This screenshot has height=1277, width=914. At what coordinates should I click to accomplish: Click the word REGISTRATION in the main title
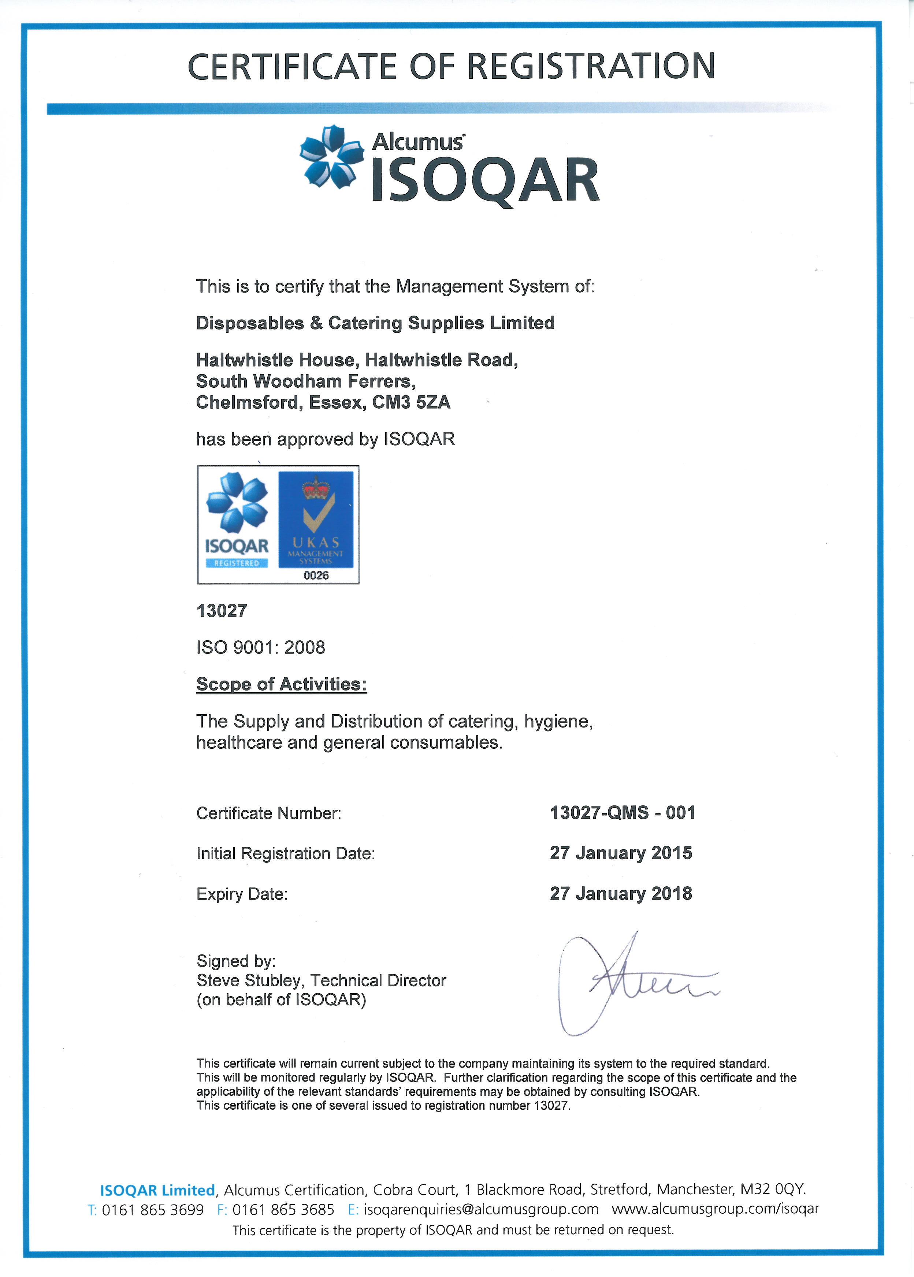(x=591, y=66)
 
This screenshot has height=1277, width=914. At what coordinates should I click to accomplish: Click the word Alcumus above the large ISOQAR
(x=417, y=142)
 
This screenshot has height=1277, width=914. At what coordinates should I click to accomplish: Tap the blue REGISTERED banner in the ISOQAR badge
(x=237, y=563)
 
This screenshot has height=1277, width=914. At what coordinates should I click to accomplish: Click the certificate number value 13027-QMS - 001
(x=623, y=813)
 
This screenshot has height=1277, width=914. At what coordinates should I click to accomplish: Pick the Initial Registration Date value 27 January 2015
(x=621, y=853)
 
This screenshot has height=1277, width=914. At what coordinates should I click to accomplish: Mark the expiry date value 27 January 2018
(x=621, y=893)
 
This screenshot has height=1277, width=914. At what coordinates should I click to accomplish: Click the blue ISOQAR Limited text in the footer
(x=157, y=1190)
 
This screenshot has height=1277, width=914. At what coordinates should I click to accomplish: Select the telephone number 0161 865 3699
(x=153, y=1210)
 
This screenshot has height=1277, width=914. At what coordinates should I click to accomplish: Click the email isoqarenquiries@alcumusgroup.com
(x=481, y=1210)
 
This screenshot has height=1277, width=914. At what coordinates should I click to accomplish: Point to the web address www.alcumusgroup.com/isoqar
(x=715, y=1209)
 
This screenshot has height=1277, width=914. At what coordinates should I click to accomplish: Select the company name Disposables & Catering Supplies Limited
(x=375, y=323)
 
